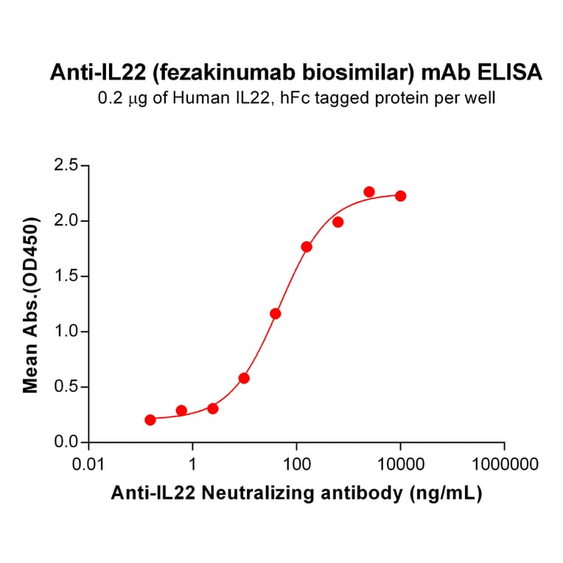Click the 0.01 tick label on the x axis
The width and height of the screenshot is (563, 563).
pyautogui.click(x=88, y=465)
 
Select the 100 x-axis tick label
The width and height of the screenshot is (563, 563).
pyautogui.click(x=296, y=465)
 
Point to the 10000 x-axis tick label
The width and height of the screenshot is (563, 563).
pyautogui.click(x=400, y=465)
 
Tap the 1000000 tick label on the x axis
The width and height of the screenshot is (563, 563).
pyautogui.click(x=504, y=465)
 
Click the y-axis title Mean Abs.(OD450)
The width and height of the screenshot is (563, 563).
pyautogui.click(x=31, y=304)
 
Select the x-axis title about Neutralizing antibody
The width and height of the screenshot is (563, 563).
pyautogui.click(x=296, y=494)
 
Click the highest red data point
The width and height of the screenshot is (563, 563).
pyautogui.click(x=369, y=192)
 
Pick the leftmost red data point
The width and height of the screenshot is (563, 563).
pyautogui.click(x=150, y=420)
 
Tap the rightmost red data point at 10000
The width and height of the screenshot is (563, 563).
pyautogui.click(x=400, y=196)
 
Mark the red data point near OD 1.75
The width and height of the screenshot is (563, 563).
pyautogui.click(x=307, y=247)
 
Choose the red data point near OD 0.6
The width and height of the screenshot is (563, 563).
pyautogui.click(x=244, y=378)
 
